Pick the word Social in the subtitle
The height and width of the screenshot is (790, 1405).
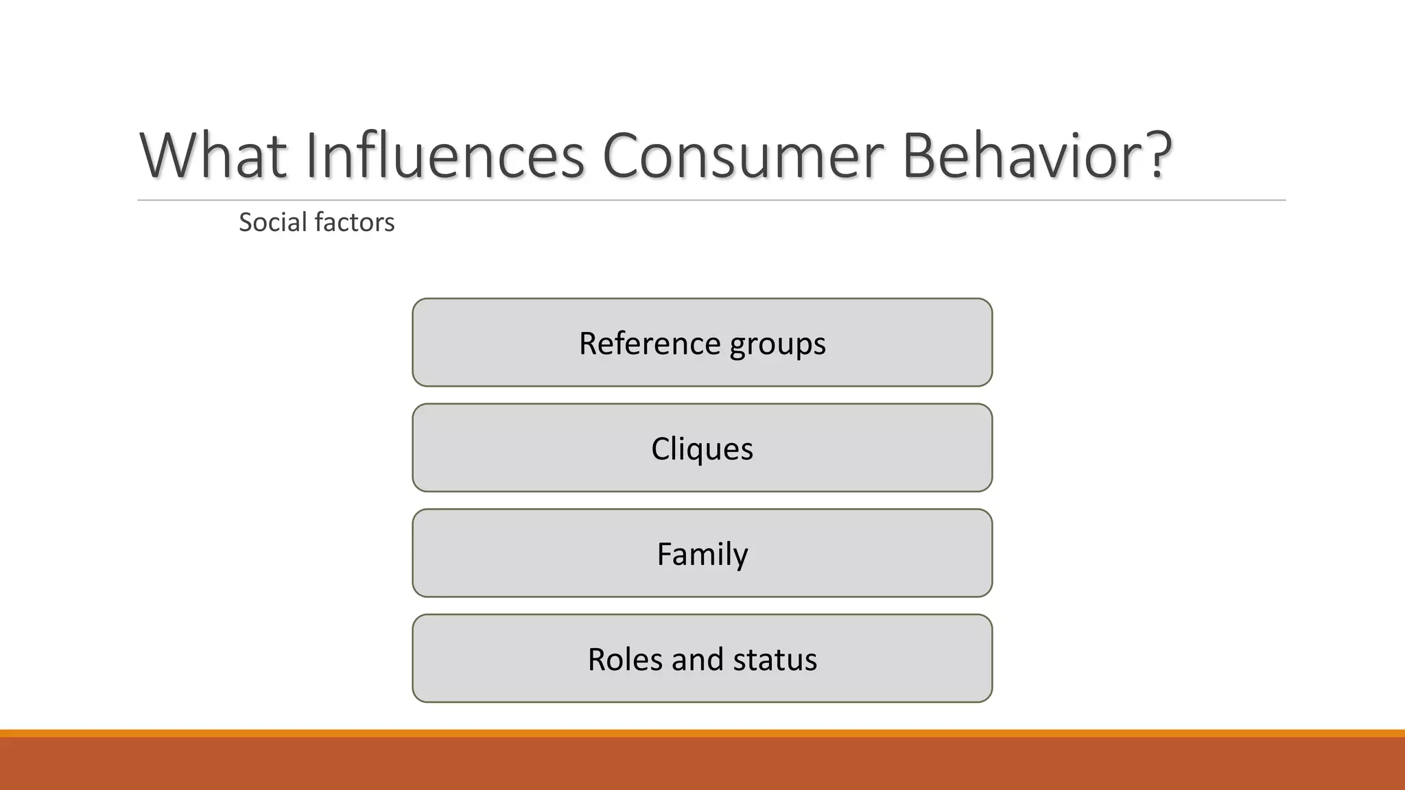click(272, 222)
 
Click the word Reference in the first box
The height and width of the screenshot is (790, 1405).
click(649, 343)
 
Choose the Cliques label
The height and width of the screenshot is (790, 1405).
click(702, 449)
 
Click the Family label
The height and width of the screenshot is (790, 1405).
click(702, 554)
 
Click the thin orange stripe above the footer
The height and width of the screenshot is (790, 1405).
click(702, 733)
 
